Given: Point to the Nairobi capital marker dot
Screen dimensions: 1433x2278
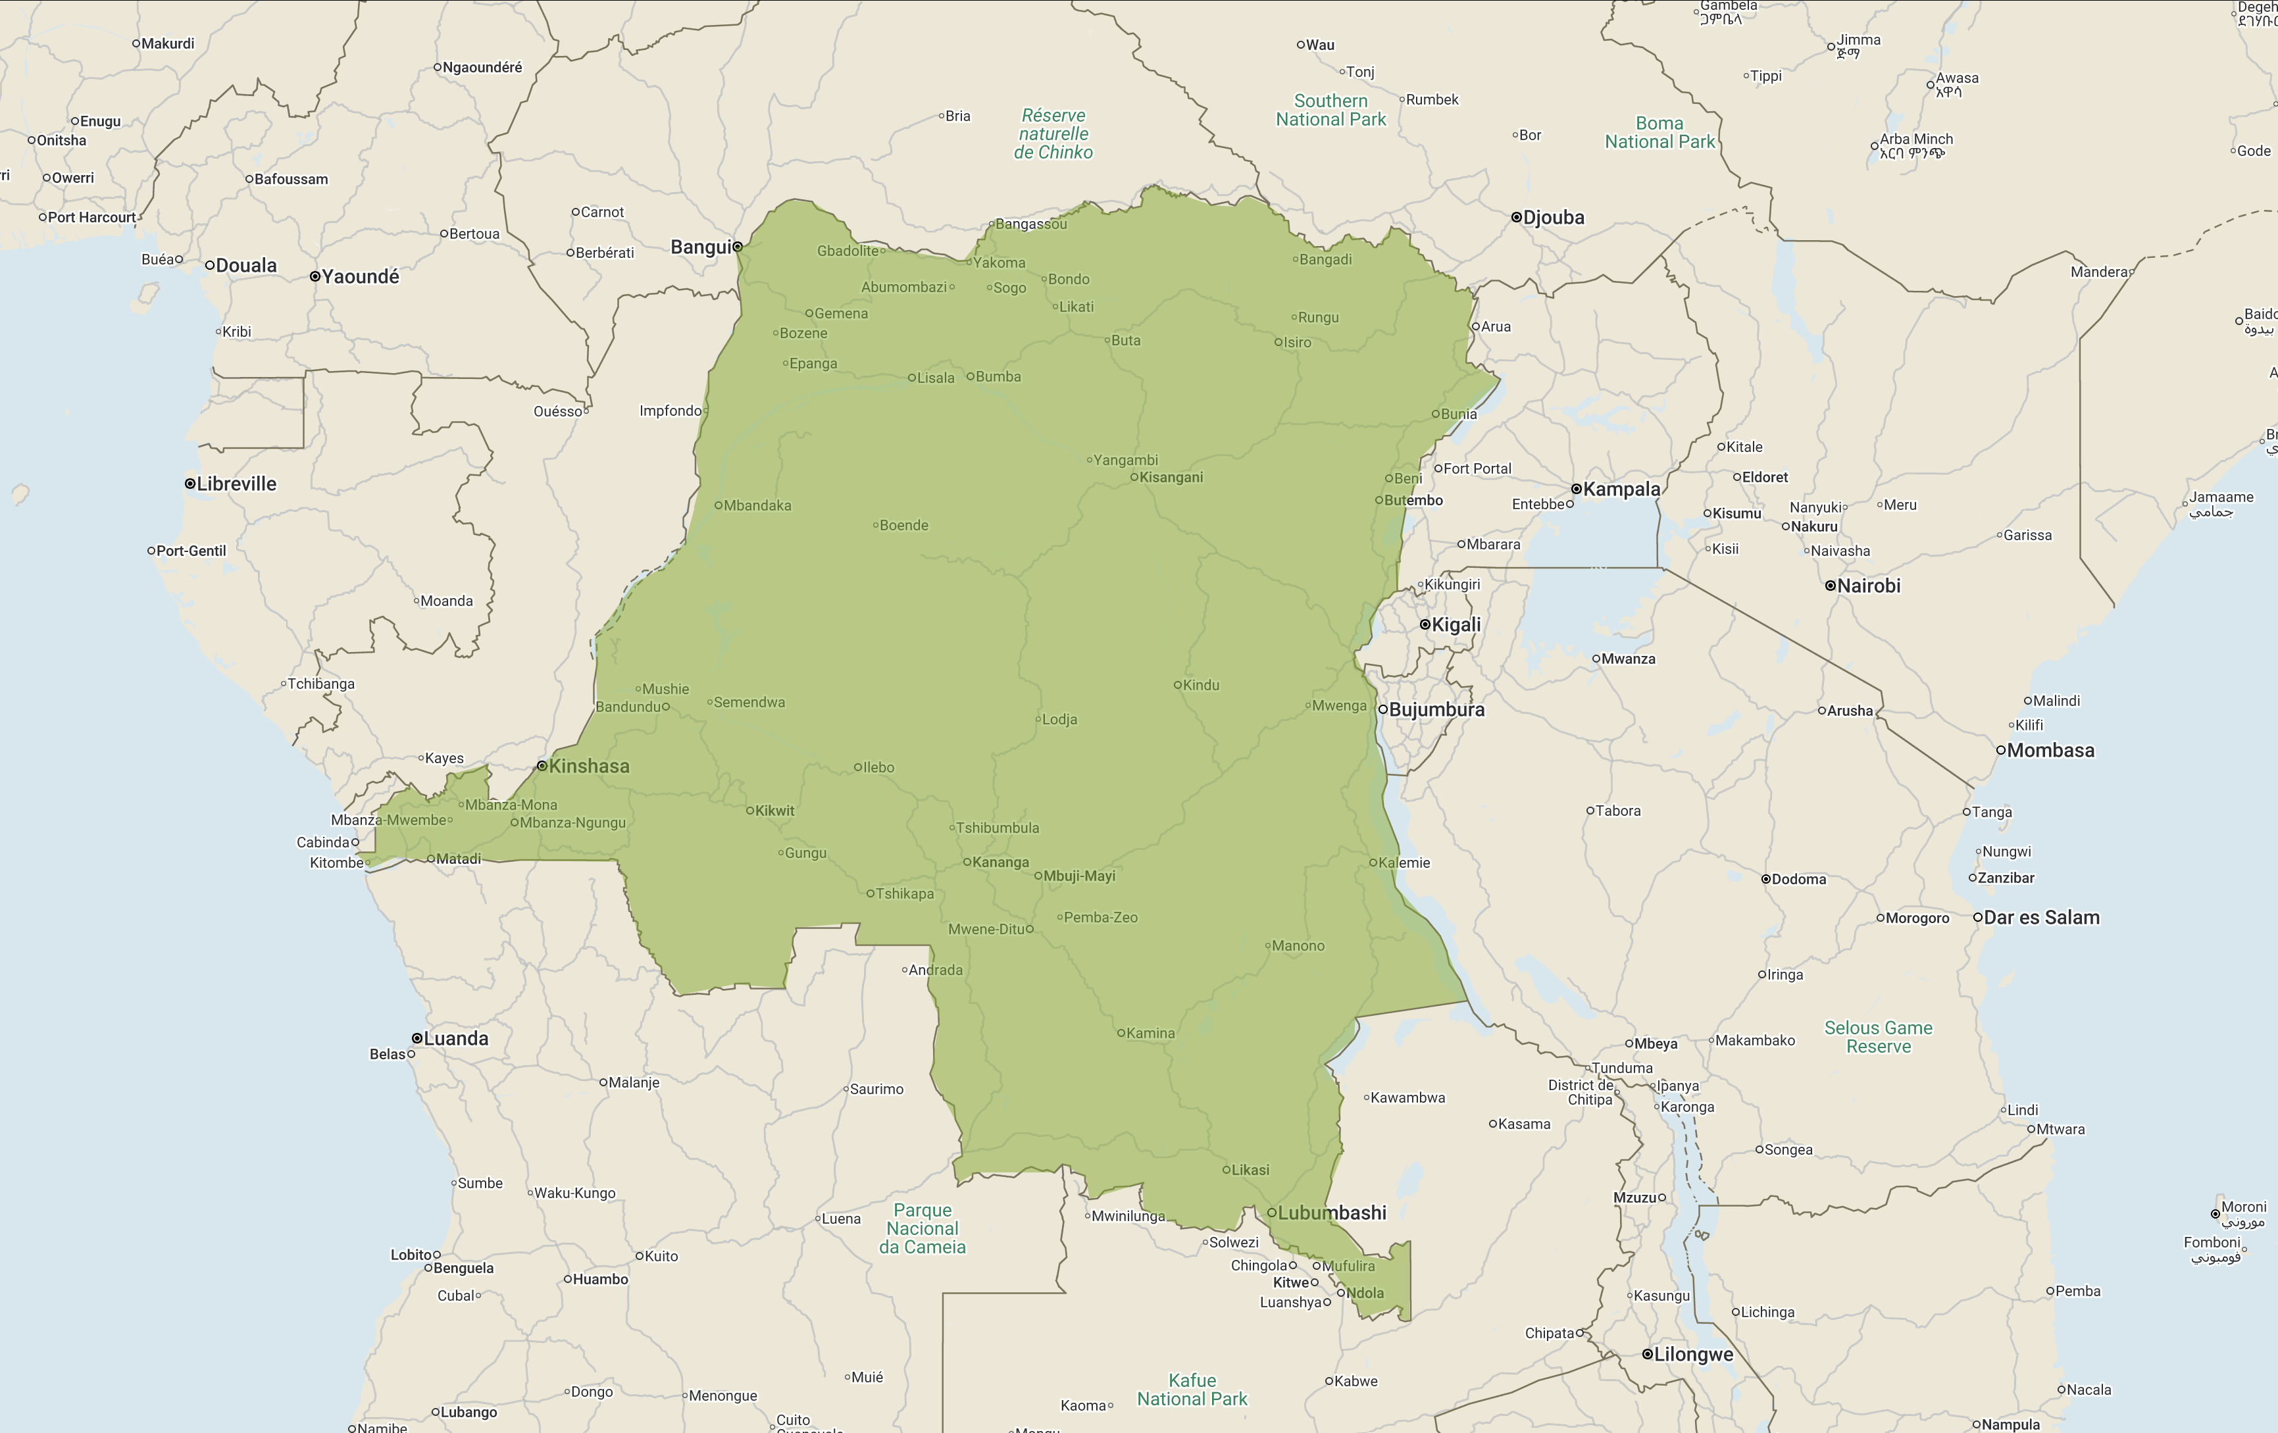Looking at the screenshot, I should coord(1831,586).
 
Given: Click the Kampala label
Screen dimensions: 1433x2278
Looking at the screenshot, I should coord(1621,489).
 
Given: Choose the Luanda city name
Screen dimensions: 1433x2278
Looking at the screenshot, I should coord(456,1039).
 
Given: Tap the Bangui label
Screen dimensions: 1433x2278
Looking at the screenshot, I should coord(700,247).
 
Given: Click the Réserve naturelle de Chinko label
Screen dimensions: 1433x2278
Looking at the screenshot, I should coord(1054,134).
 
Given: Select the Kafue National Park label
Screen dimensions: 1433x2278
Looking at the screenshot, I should coord(1192,1390).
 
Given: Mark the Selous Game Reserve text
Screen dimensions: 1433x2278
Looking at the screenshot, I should coord(1878,1037).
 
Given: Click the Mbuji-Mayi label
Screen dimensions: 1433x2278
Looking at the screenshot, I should coord(1078,876).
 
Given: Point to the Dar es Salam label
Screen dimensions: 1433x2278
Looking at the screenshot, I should coord(2040,917).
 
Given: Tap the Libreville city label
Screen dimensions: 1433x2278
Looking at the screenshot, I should coord(236,484).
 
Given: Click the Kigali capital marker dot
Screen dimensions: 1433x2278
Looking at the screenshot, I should coord(1425,624).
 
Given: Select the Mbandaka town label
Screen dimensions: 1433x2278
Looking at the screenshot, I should coord(757,506).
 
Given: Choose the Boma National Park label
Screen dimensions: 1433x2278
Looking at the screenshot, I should coord(1659,132).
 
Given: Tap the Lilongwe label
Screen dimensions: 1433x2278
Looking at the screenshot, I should coord(1693,1355).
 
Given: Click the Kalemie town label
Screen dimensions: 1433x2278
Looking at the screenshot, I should coord(1404,863).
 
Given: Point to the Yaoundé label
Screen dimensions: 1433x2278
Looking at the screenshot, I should coord(361,276).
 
